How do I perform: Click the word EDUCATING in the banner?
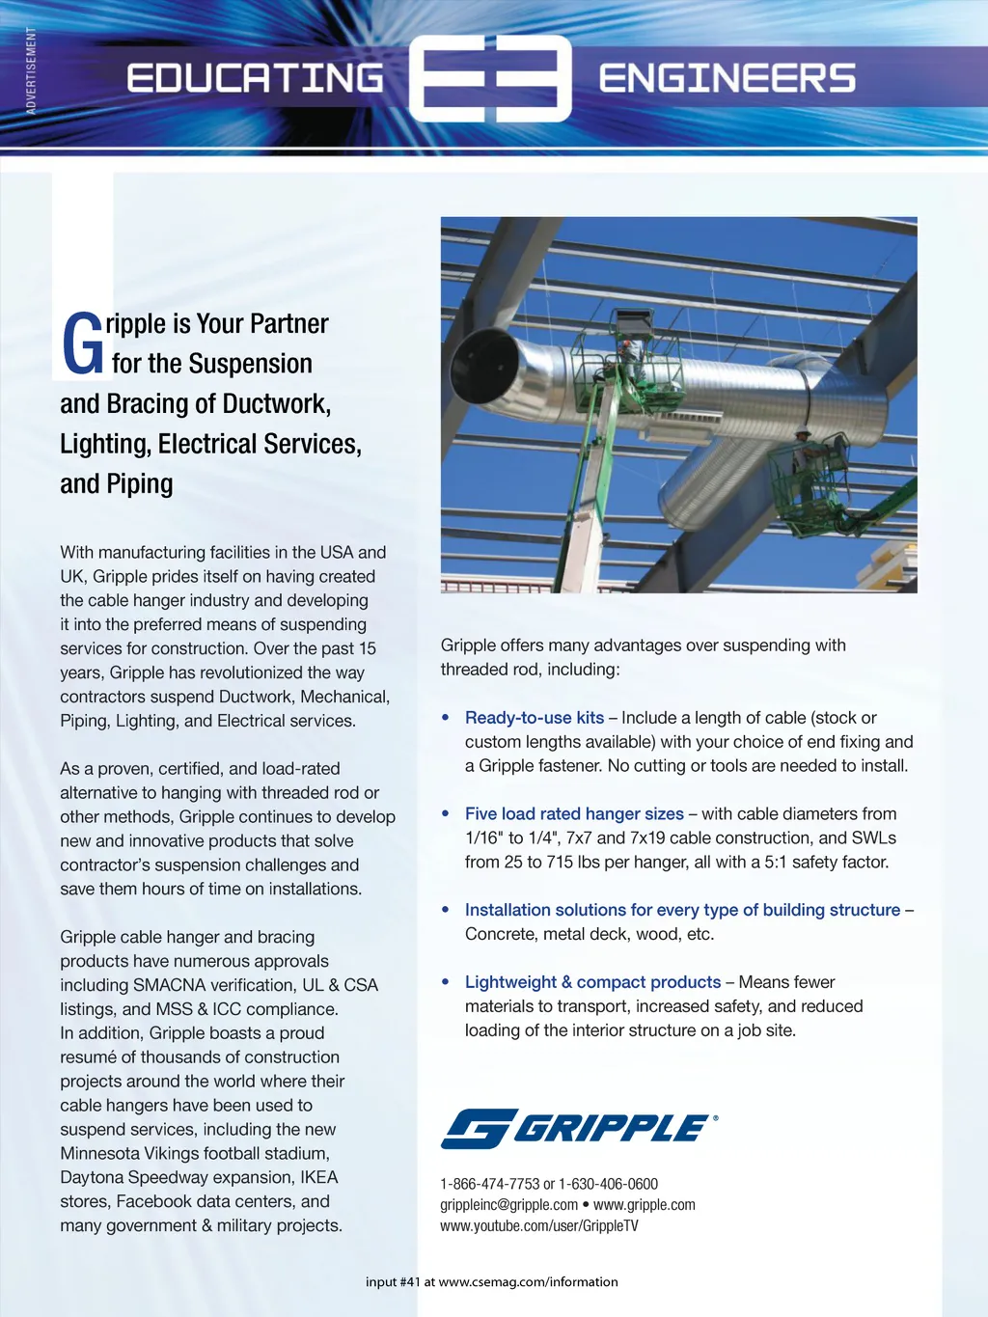point(255,78)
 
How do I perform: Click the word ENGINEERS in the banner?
point(727,78)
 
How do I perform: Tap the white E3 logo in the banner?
point(490,79)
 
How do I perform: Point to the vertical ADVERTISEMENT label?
point(31,70)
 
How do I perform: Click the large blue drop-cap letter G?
point(82,344)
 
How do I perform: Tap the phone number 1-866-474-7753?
point(489,1184)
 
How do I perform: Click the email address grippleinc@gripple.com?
point(508,1205)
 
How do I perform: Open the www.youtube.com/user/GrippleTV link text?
point(538,1226)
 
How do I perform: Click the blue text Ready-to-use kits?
point(534,718)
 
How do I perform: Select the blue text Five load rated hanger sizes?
point(574,814)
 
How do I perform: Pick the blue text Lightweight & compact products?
point(592,982)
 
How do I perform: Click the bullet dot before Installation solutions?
point(446,910)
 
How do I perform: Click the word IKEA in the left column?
point(318,1177)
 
